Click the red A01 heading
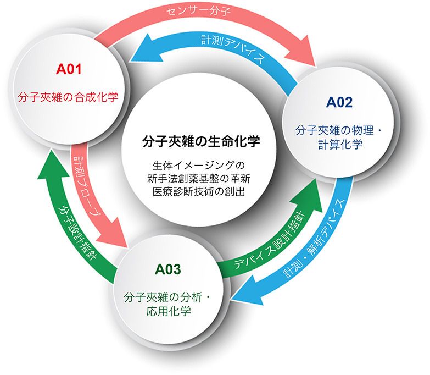click(69, 69)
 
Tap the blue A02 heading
click(339, 102)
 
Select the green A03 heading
click(168, 269)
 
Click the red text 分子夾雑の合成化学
click(68, 97)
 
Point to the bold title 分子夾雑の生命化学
click(201, 142)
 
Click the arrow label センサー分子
click(198, 11)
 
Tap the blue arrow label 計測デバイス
click(233, 47)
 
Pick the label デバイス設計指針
click(270, 239)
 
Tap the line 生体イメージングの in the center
click(199, 165)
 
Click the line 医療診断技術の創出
click(199, 191)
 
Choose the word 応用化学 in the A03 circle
click(169, 311)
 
